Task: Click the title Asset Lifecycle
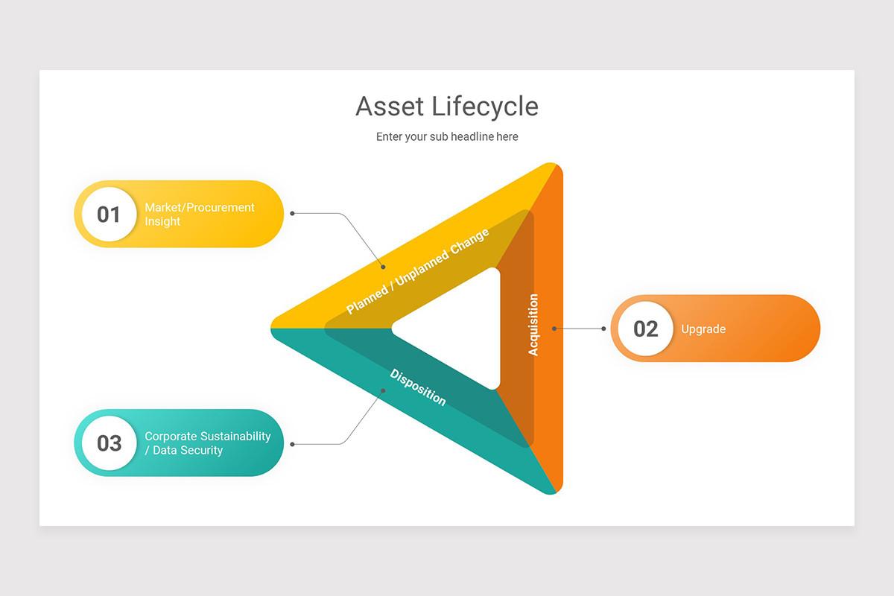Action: [447, 107]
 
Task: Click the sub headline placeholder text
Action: [447, 137]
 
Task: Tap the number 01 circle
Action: [109, 215]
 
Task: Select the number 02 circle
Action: [645, 329]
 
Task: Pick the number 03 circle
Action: [109, 443]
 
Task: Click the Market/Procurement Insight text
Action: [200, 215]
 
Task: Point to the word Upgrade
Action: [703, 329]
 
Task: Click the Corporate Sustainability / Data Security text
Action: [207, 443]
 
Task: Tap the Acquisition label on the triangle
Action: [533, 325]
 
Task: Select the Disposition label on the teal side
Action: [418, 387]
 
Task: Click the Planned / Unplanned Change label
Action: [418, 271]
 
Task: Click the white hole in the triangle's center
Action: [462, 329]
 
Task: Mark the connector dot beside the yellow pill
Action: [292, 213]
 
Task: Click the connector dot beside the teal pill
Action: [292, 444]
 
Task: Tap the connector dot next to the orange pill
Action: [603, 329]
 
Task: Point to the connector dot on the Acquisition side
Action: [554, 329]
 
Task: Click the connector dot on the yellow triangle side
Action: [383, 267]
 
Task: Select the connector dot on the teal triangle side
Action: [383, 390]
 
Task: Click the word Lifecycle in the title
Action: [485, 107]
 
